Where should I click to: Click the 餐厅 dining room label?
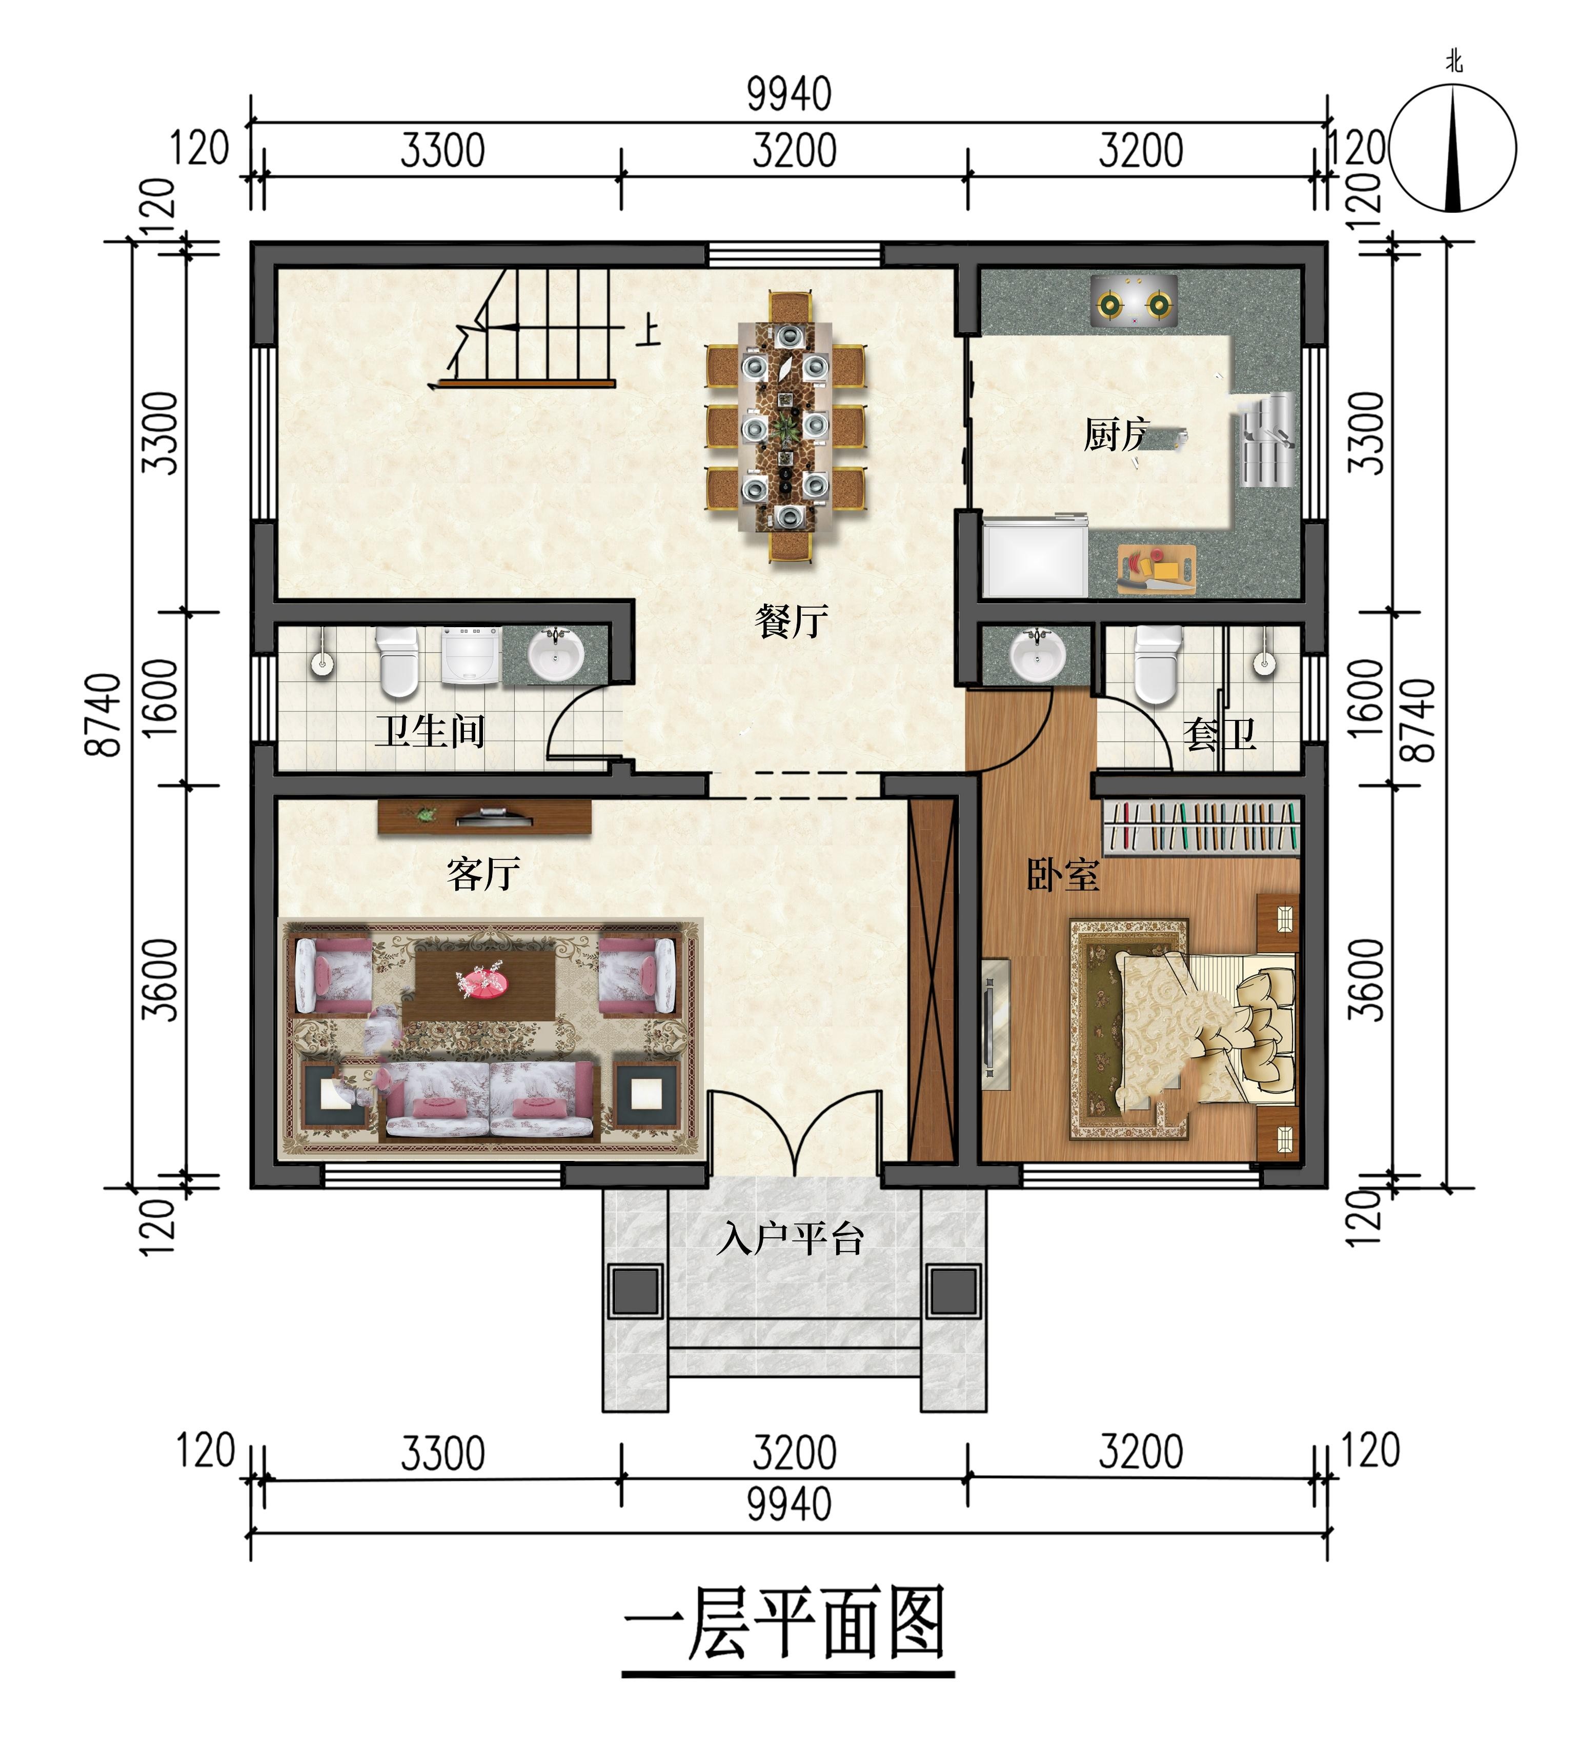[791, 621]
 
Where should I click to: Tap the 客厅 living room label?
[483, 874]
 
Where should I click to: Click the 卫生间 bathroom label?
[430, 731]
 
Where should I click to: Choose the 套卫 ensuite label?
[1220, 735]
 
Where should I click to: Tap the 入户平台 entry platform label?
[790, 1238]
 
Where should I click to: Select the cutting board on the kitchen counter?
[1157, 569]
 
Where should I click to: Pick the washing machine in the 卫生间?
[471, 655]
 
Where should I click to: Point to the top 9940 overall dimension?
[790, 94]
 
